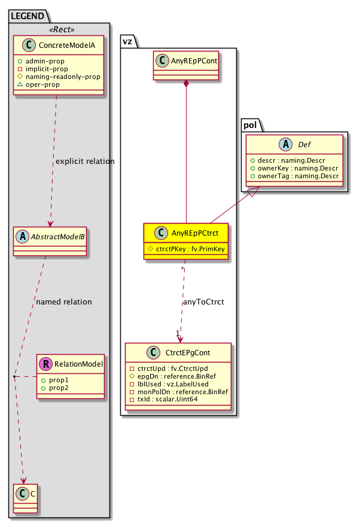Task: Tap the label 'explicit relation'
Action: point(84,162)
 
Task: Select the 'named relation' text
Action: point(64,301)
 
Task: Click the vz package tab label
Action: point(127,40)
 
